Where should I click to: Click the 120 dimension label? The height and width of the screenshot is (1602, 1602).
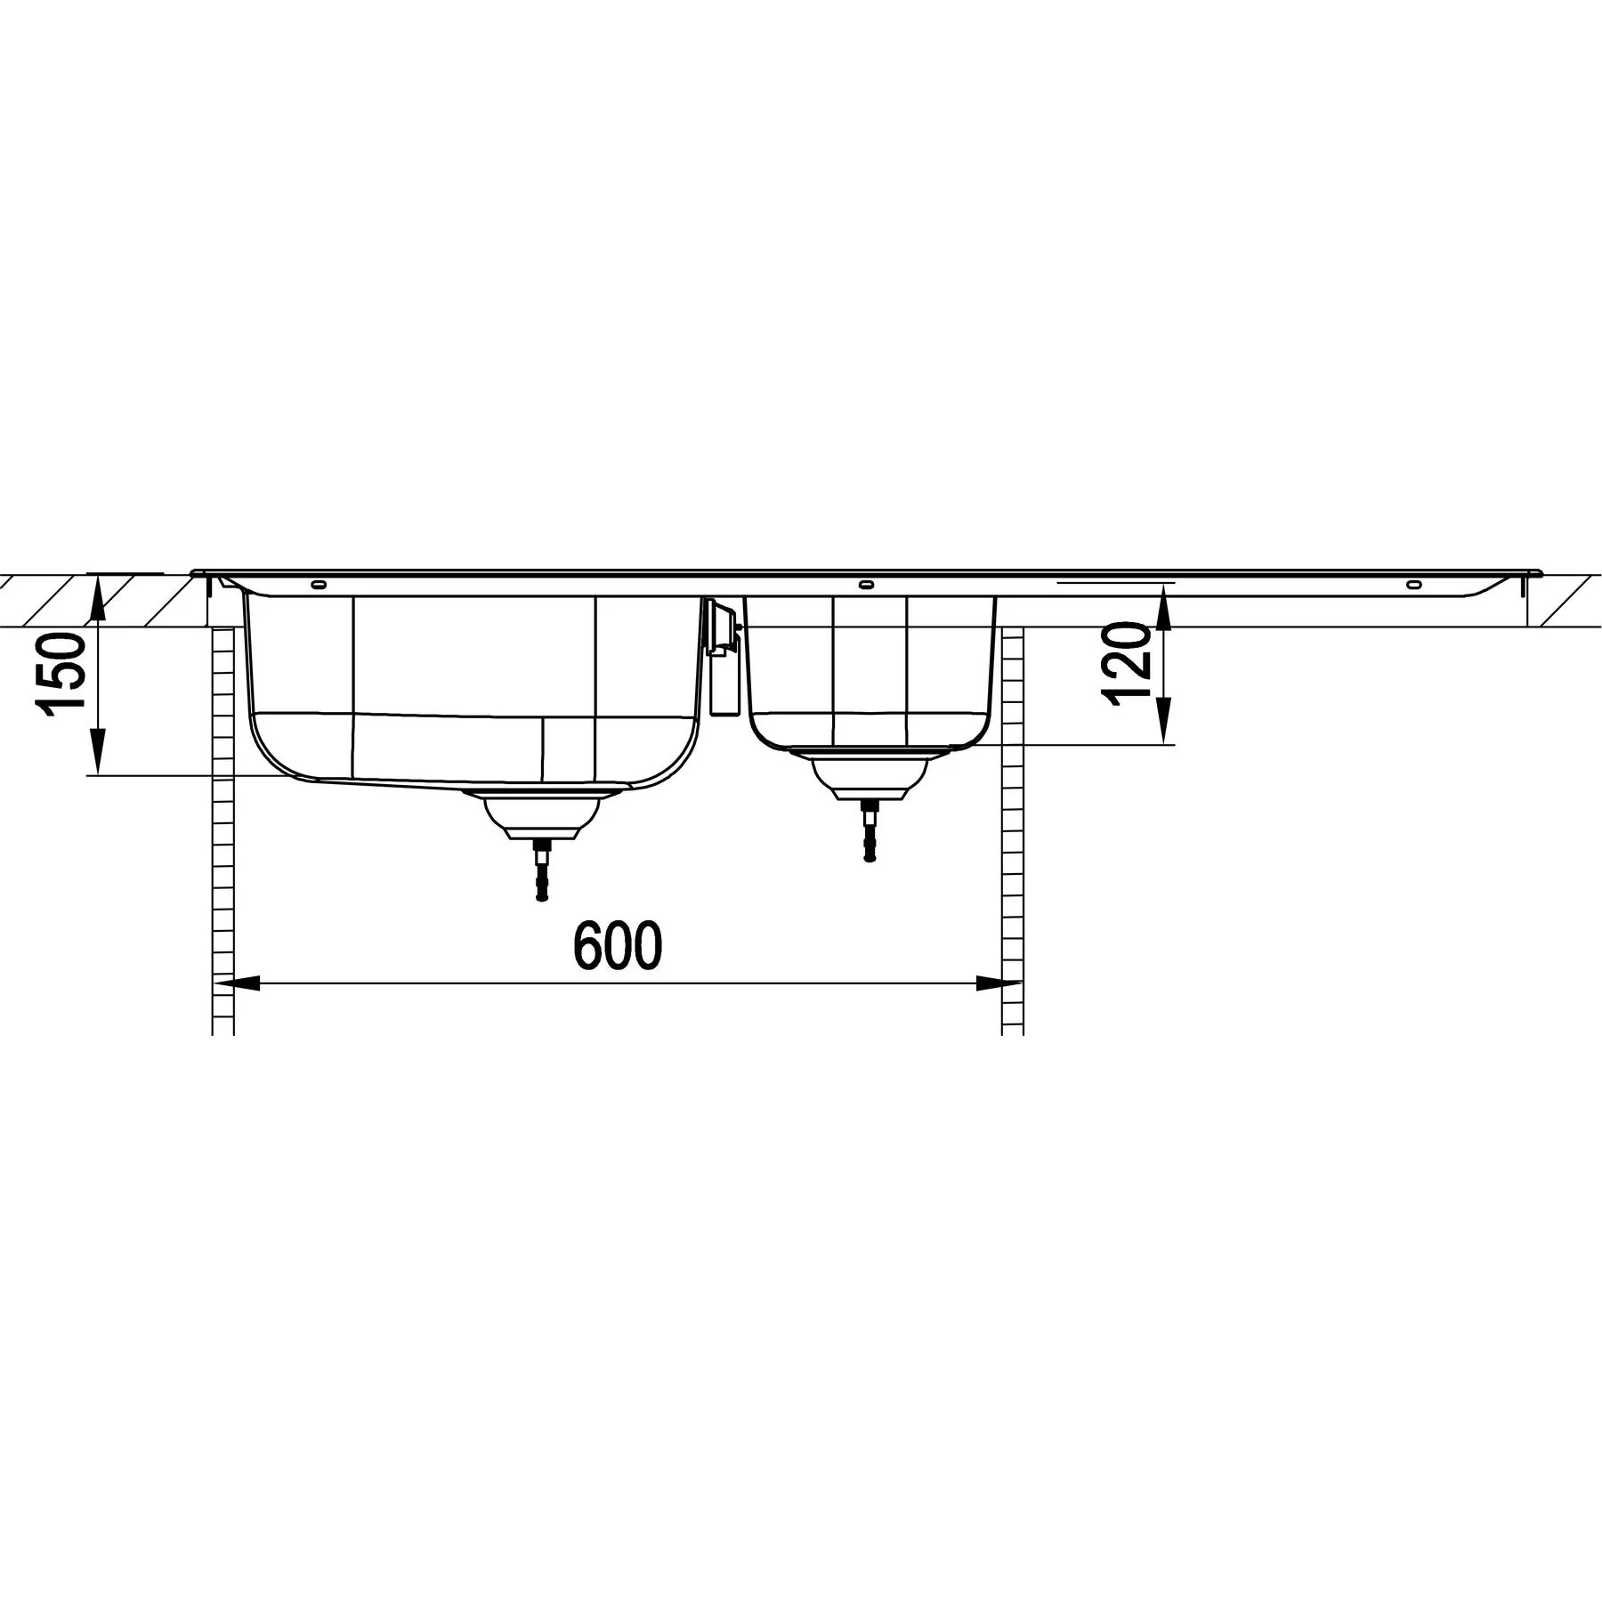click(1127, 664)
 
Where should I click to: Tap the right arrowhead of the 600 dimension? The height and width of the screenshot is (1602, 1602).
click(999, 983)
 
